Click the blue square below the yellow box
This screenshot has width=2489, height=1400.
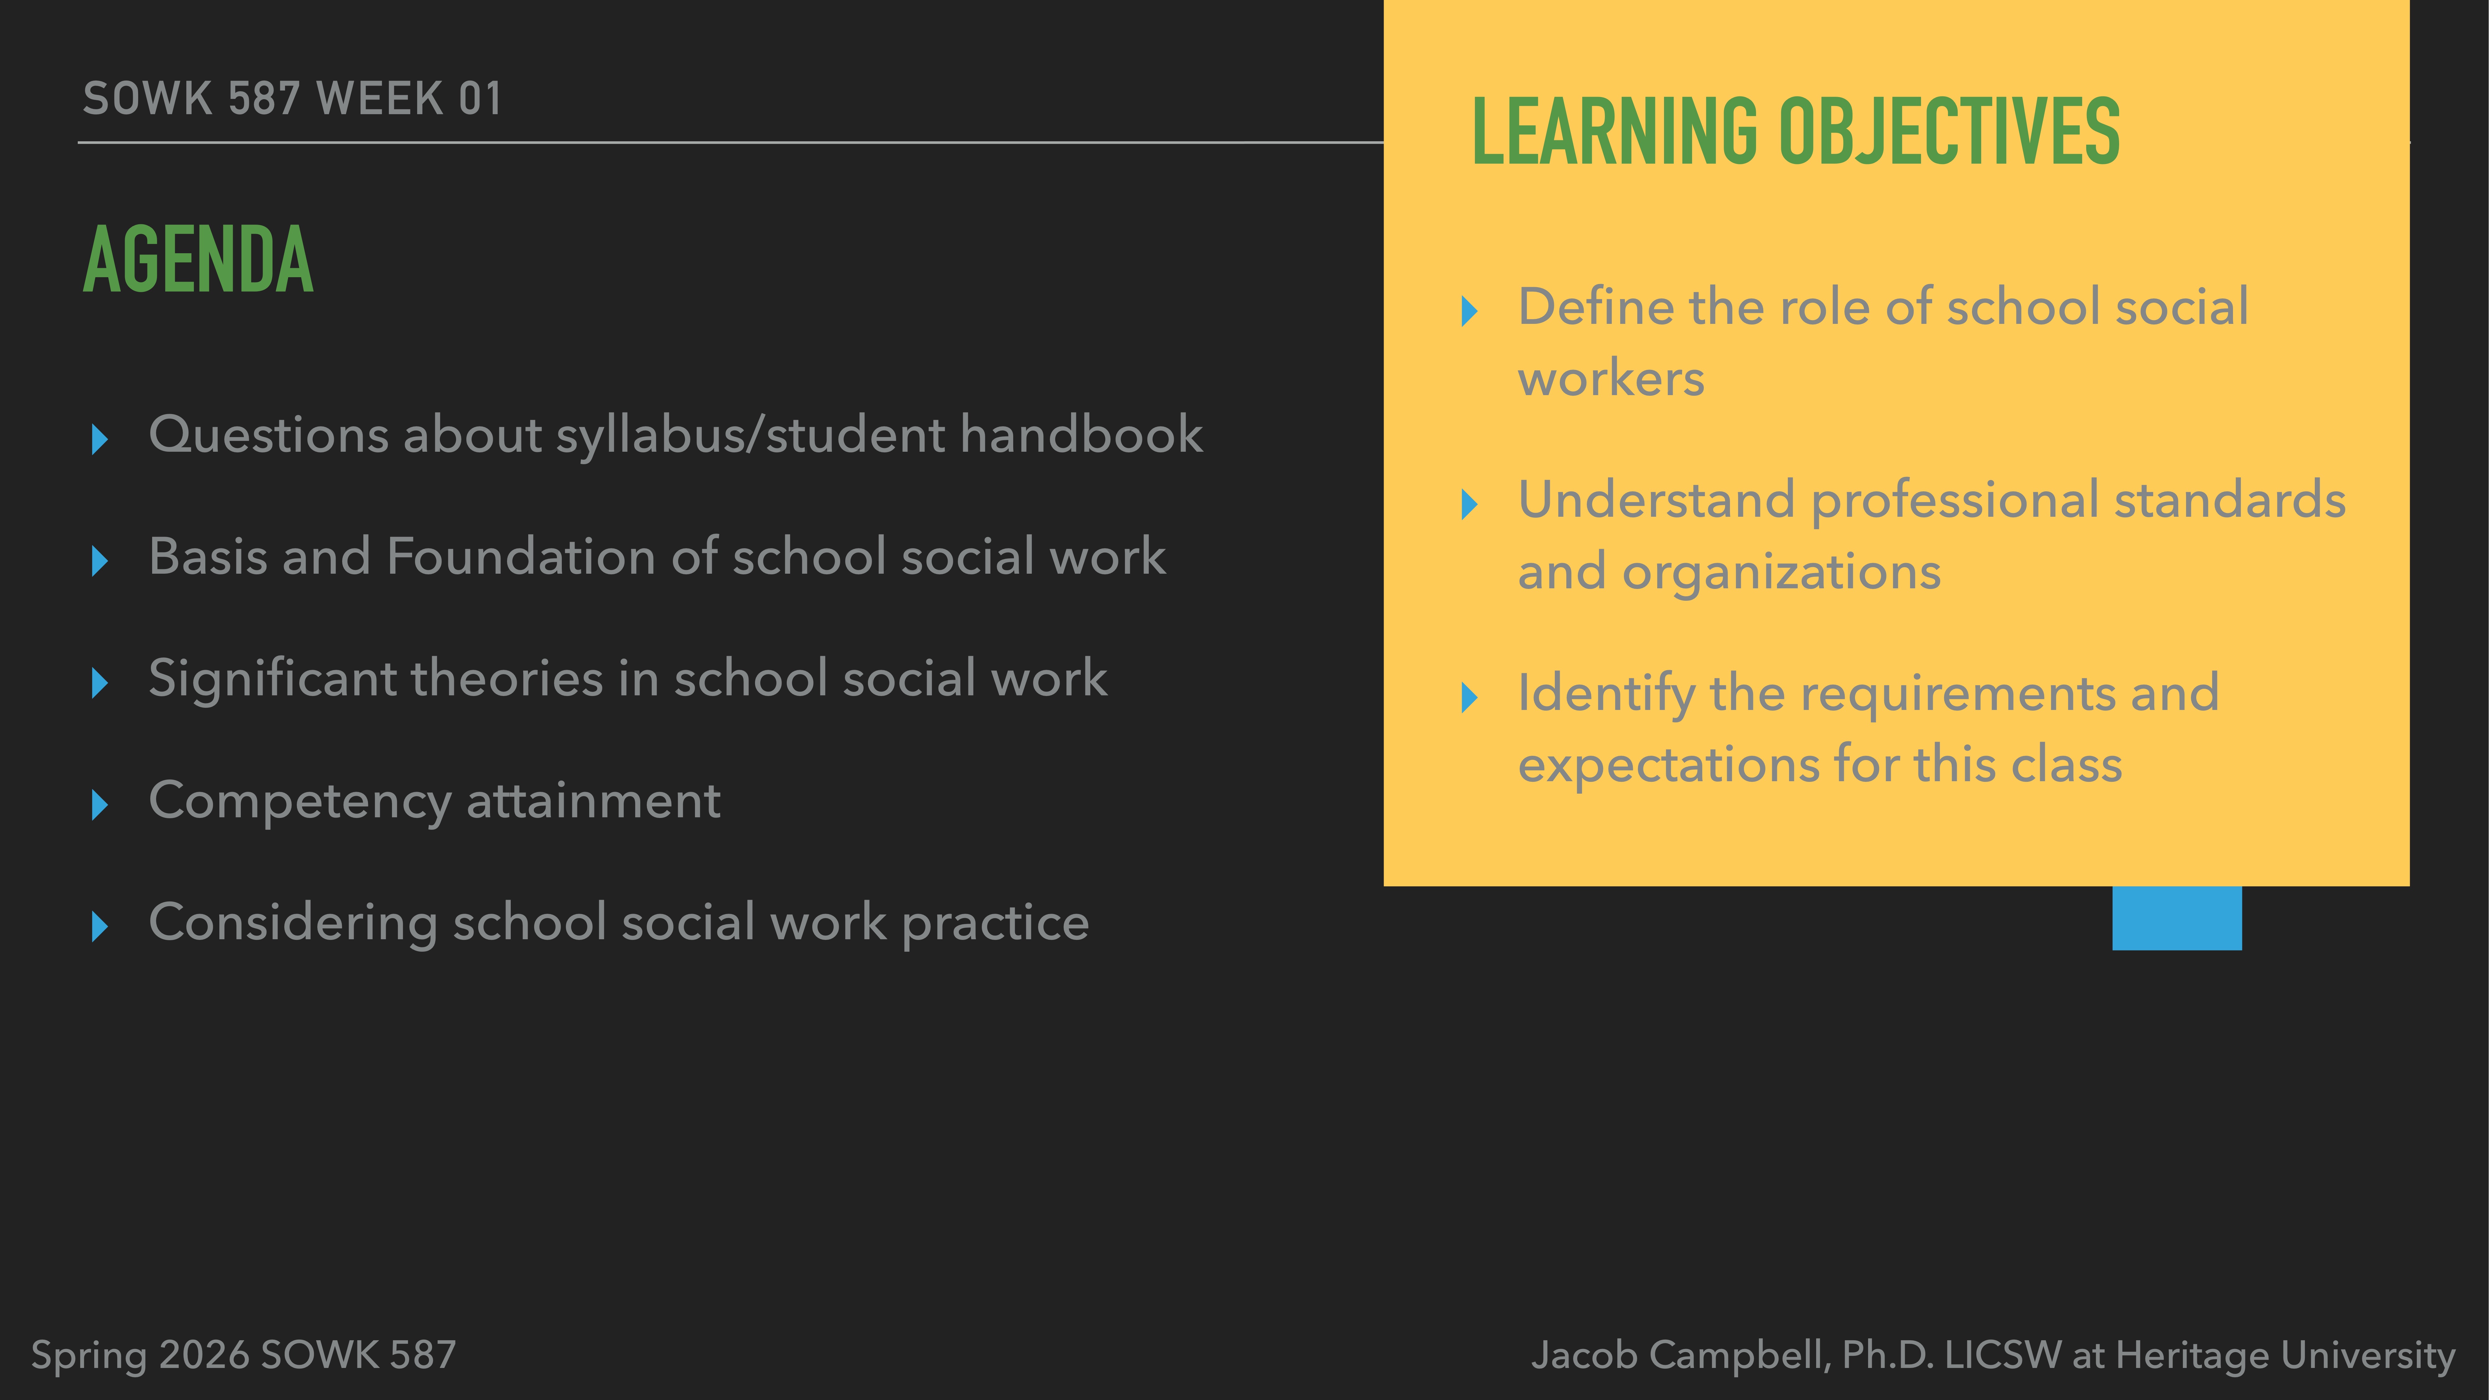tap(2176, 918)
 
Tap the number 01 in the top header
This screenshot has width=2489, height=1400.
tap(480, 99)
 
